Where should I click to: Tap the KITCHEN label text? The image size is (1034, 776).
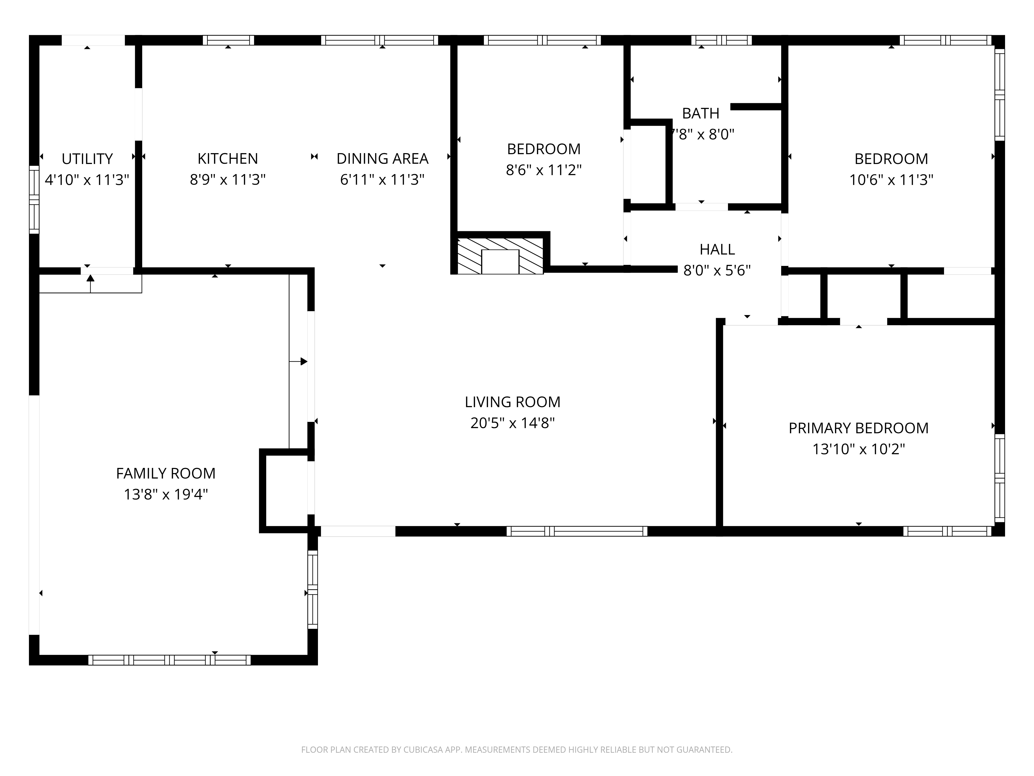coord(228,159)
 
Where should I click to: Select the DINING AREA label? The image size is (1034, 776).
coord(382,159)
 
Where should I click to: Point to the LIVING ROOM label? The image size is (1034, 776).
coord(512,402)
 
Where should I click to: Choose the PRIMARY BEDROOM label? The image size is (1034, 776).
coord(859,428)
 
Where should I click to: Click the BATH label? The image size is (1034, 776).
coord(701,114)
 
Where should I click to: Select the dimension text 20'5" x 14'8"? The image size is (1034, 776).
coord(512,423)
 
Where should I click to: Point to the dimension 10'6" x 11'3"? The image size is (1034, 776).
coord(891,180)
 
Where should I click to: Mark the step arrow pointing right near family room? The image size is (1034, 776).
coord(298,362)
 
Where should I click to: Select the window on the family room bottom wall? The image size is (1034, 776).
coord(169,660)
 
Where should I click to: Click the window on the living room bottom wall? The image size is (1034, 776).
coord(577,531)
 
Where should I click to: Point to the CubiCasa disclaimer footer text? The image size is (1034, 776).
coord(516,750)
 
